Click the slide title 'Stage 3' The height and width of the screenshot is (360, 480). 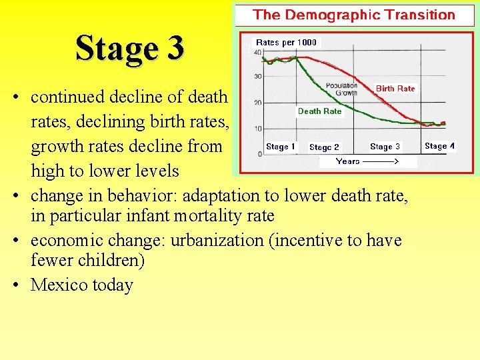pos(129,48)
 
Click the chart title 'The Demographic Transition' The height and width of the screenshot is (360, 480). pos(354,15)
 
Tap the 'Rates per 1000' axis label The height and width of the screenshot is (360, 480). pos(287,43)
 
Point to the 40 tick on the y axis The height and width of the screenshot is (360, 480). pos(257,52)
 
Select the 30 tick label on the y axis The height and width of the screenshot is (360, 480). pos(257,77)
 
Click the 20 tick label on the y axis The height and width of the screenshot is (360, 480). pos(257,103)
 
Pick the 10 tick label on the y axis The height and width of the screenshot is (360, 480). pos(257,129)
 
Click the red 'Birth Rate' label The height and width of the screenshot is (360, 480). pos(395,89)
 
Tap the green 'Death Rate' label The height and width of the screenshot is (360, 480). pos(319,111)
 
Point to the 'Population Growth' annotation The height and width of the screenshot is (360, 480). pos(341,89)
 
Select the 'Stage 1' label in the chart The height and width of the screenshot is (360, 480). pos(280,147)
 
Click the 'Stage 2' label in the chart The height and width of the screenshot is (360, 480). pos(324,147)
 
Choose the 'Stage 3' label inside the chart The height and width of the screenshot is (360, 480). pos(385,147)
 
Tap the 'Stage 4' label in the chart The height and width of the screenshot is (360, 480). pos(439,146)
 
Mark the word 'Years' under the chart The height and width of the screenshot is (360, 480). pos(348,161)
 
